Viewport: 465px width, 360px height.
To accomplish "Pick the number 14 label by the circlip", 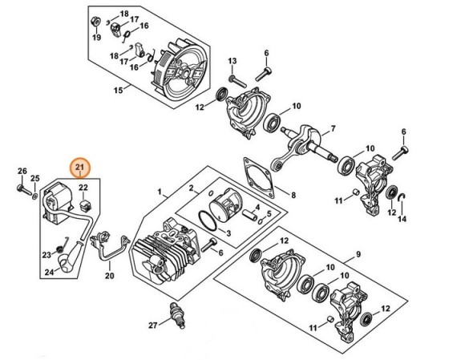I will point(402,219).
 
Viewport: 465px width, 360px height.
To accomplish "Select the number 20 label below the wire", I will point(110,277).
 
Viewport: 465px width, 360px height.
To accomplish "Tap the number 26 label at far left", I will point(22,171).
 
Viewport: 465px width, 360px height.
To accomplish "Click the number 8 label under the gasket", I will point(293,195).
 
